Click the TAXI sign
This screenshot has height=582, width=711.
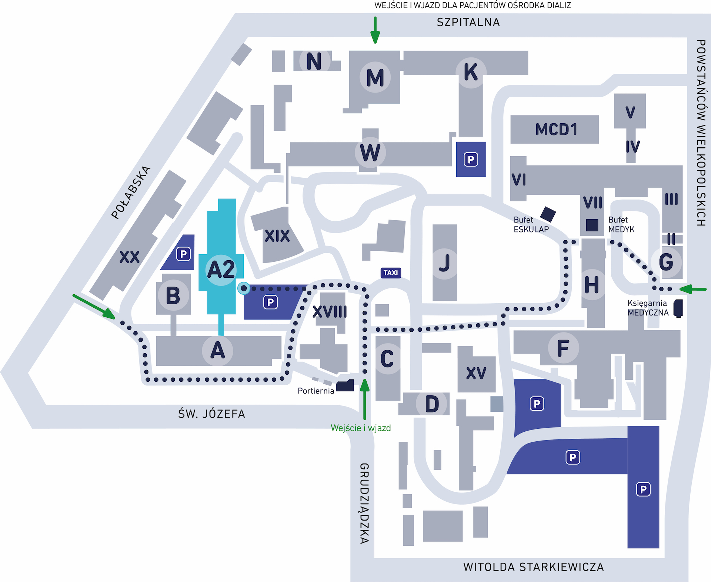tap(391, 273)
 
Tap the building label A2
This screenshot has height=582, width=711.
tap(221, 270)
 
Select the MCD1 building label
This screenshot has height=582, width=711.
tap(556, 130)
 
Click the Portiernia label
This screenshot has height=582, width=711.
tap(316, 391)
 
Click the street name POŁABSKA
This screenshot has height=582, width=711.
tap(131, 193)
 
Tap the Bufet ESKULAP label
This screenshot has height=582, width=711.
tap(531, 225)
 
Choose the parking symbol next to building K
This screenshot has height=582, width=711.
tap(471, 160)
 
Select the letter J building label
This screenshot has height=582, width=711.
tap(444, 263)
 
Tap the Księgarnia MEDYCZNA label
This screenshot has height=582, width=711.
tap(648, 308)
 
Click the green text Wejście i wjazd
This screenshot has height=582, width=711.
tap(361, 428)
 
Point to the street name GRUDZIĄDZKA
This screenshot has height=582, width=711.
tap(364, 504)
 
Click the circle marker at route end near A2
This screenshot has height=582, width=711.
tap(244, 288)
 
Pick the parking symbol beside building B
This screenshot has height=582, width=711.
tap(183, 254)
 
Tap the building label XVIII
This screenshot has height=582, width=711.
tap(330, 312)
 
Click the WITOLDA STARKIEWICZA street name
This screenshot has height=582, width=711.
tap(533, 567)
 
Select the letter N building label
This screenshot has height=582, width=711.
tap(314, 61)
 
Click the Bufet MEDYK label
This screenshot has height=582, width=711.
tap(621, 225)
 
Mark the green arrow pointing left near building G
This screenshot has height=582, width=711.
tap(693, 289)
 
